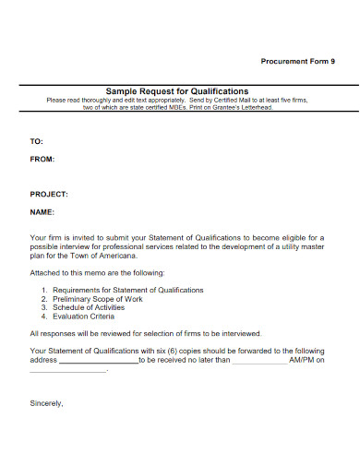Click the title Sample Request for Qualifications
point(177,91)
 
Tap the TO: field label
point(37,141)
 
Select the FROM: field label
point(43,159)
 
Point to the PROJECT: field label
point(49,195)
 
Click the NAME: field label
point(42,212)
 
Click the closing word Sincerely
point(46,402)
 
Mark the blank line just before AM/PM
point(259,362)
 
